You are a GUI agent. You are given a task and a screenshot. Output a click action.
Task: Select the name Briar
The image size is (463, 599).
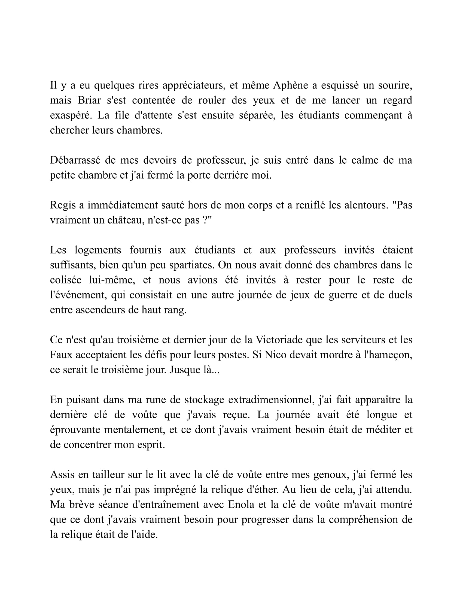coord(89,100)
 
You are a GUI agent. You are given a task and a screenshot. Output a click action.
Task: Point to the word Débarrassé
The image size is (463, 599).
coord(75,160)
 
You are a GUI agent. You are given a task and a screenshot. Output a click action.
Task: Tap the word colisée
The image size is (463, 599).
coord(66,280)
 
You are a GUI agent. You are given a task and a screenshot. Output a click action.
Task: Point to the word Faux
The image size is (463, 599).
coord(61,355)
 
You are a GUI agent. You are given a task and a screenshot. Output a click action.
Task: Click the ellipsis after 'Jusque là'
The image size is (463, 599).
coord(216,370)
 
